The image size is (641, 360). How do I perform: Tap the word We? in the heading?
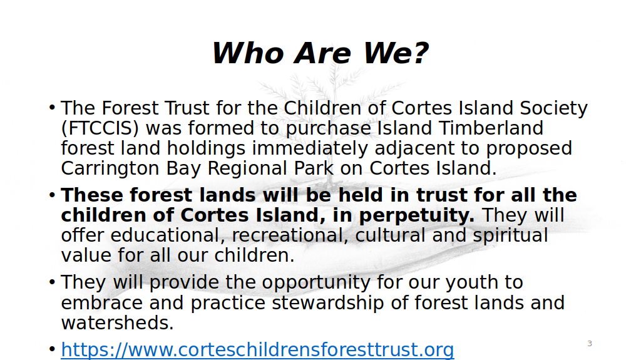396,53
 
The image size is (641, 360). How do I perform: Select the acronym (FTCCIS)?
100,128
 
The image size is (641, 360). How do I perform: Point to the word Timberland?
491,128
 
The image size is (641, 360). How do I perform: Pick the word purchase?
327,129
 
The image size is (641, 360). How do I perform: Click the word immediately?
310,149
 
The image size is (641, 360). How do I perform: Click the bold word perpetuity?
417,216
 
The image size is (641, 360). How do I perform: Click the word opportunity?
316,283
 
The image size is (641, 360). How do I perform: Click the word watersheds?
117,323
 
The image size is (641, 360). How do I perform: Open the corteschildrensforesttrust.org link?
257,350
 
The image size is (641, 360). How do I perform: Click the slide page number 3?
590,344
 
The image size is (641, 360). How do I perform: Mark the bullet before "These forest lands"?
52,195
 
